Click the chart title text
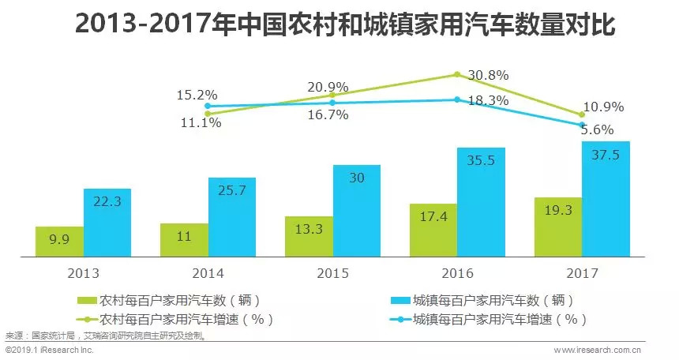tap(339, 24)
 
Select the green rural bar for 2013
tap(59, 242)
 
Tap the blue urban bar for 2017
tap(606, 199)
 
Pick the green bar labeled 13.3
tap(309, 236)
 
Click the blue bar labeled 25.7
tap(232, 217)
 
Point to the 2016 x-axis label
tap(458, 273)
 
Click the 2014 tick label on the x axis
tap(208, 273)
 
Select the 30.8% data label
tap(488, 76)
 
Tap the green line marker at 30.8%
tap(457, 75)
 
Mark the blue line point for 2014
tap(208, 105)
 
